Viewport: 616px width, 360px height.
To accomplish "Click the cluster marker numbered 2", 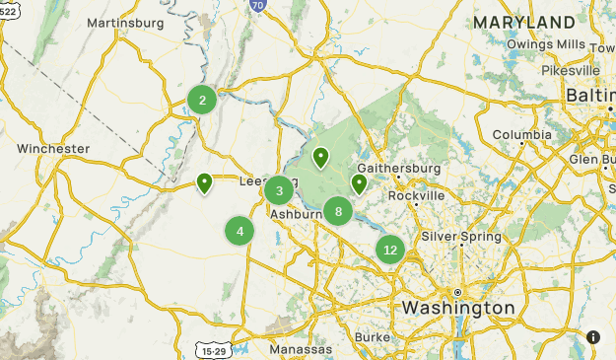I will [202, 99].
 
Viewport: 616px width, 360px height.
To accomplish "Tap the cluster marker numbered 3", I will [279, 190].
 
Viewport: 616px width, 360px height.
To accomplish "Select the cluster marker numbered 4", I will [240, 231].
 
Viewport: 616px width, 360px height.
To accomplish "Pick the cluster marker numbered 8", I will [338, 210].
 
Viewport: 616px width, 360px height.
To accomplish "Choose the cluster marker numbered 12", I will [390, 250].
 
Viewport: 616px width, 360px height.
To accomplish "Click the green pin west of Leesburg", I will [204, 182].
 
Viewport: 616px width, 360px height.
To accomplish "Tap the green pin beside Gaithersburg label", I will [359, 183].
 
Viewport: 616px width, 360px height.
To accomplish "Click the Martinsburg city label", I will [124, 22].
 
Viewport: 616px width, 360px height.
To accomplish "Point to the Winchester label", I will [53, 149].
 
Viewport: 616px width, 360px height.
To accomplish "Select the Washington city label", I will [457, 309].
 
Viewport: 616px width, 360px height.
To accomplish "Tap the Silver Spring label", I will [461, 237].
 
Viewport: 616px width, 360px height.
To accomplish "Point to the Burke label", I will [373, 337].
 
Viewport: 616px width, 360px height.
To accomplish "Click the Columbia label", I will [522, 134].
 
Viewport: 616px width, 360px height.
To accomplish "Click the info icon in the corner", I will [593, 336].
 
